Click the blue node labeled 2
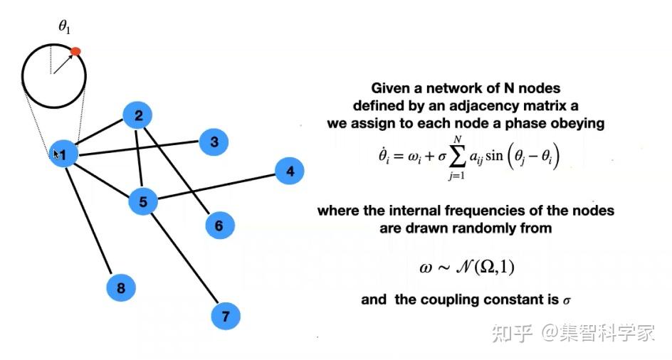138,115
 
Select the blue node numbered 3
214,142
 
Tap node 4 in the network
290,171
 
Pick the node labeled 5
143,201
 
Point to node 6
219,225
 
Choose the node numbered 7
226,317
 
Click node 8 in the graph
121,287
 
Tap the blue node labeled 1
63,154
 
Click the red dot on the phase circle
75,51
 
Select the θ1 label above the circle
64,27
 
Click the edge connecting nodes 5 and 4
216,186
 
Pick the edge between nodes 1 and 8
88,221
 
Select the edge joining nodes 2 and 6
177,170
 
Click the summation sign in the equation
457,157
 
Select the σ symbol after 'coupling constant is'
567,300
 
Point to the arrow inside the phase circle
63,64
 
